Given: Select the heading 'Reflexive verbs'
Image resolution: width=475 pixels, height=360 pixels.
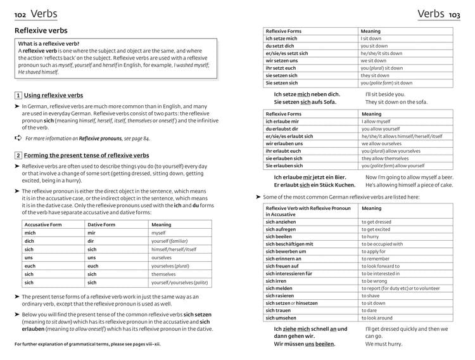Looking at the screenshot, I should pyautogui.click(x=41, y=30).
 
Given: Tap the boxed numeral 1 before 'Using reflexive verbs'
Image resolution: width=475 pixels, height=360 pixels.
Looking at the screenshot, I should pyautogui.click(x=18, y=96).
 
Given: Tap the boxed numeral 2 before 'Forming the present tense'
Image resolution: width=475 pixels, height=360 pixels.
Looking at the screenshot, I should pyautogui.click(x=18, y=155).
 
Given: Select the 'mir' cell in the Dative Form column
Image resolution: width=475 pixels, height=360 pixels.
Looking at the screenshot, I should pyautogui.click(x=92, y=233).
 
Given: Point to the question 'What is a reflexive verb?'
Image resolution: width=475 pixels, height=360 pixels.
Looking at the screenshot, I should pyautogui.click(x=53, y=43).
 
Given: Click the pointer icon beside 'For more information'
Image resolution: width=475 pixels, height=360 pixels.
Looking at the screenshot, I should pyautogui.click(x=17, y=138).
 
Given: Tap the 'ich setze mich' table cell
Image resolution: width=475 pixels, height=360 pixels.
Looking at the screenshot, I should pyautogui.click(x=281, y=39).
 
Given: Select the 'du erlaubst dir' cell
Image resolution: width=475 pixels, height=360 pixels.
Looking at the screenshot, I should pyautogui.click(x=282, y=128).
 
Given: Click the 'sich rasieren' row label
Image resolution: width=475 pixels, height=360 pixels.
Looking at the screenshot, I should pyautogui.click(x=280, y=295).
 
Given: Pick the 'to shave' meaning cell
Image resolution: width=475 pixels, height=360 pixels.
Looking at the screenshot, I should pyautogui.click(x=371, y=295).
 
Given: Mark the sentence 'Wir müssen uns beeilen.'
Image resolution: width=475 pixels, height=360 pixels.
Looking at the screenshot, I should pyautogui.click(x=304, y=344).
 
